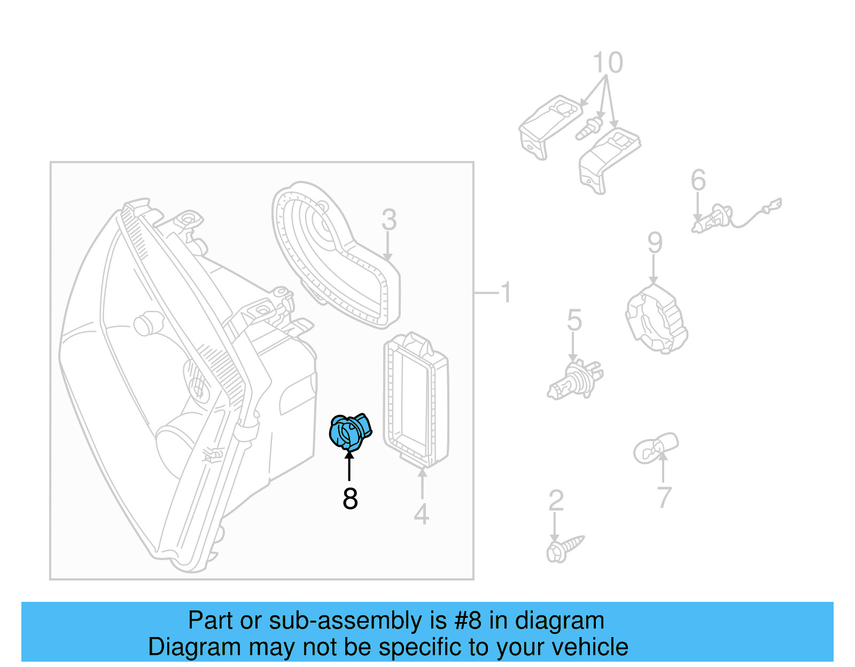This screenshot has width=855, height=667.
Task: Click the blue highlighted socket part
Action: (349, 431)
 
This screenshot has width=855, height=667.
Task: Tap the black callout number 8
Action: (350, 499)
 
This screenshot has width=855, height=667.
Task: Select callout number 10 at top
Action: (608, 63)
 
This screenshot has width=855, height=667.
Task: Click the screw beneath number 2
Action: (564, 548)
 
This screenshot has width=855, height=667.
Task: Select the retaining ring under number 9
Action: (656, 319)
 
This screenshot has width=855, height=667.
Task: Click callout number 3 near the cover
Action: (389, 219)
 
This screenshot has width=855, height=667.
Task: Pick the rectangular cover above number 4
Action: (416, 398)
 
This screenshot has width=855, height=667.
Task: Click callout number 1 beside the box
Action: (506, 293)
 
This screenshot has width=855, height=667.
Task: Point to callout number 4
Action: (421, 514)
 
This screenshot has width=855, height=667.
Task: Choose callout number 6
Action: (698, 180)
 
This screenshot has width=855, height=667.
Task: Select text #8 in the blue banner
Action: (468, 621)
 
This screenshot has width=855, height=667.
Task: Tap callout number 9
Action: (655, 243)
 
